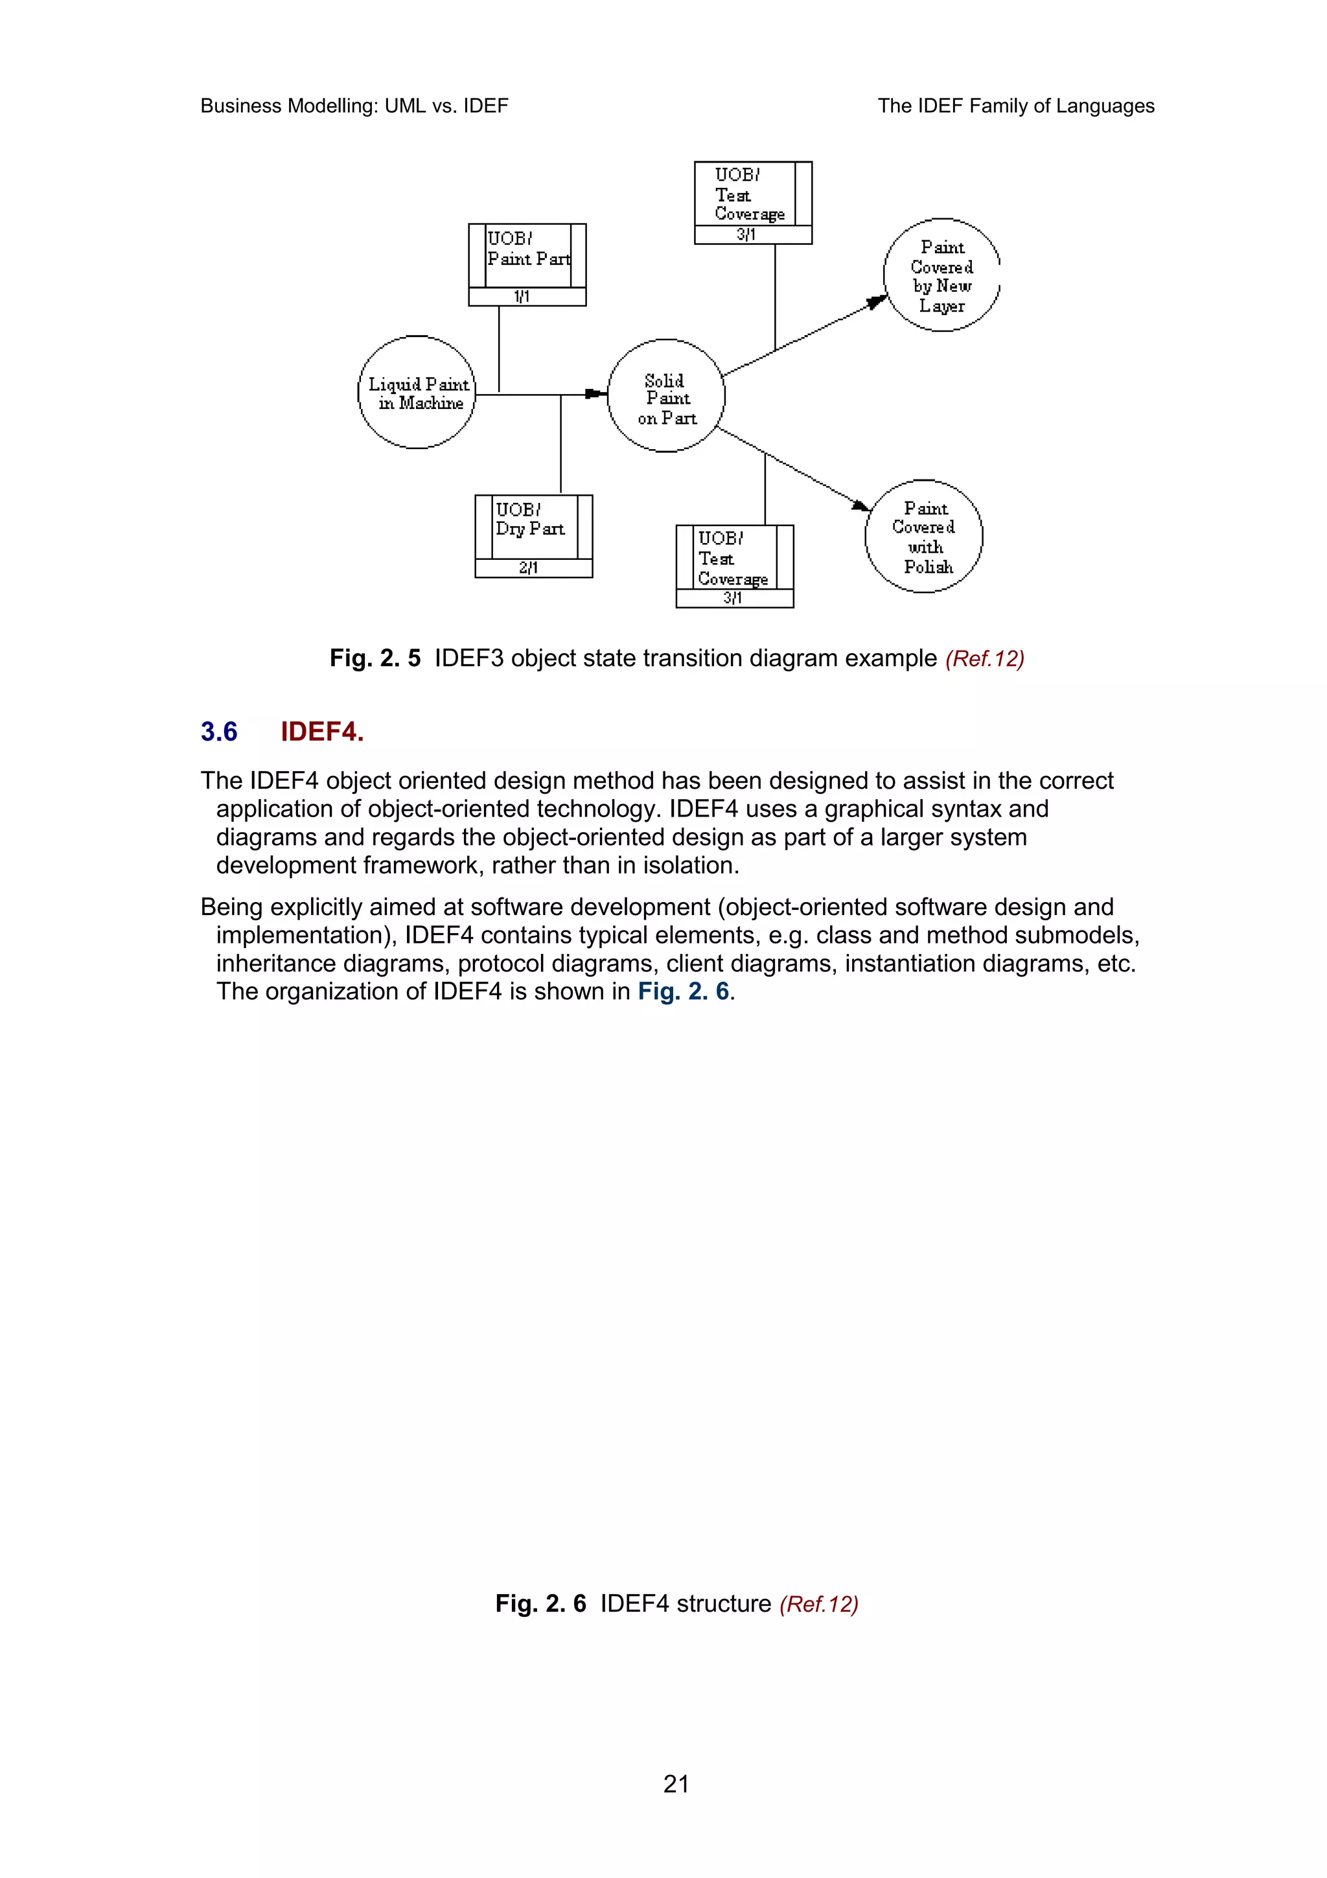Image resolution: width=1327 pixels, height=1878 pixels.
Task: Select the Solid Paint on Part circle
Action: pyautogui.click(x=665, y=396)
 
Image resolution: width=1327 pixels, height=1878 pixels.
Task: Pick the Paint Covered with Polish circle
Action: pyautogui.click(x=924, y=537)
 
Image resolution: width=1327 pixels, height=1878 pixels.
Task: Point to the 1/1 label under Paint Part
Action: pyautogui.click(x=522, y=297)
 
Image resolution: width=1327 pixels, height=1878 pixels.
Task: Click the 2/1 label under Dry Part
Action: pyautogui.click(x=528, y=568)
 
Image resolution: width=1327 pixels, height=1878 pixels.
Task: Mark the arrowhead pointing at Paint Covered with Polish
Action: pyautogui.click(x=861, y=505)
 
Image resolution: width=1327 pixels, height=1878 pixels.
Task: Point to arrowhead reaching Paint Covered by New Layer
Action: pyautogui.click(x=877, y=302)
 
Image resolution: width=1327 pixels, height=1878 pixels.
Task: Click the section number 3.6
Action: pyautogui.click(x=219, y=731)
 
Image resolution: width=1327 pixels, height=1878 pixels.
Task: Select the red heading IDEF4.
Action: pyautogui.click(x=322, y=731)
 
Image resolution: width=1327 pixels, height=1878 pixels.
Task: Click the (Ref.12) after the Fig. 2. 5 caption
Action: pyautogui.click(x=984, y=659)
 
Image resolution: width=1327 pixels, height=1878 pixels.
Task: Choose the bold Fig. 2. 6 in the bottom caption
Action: pyautogui.click(x=540, y=1603)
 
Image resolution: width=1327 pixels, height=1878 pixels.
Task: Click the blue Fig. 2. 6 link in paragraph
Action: pyautogui.click(x=684, y=991)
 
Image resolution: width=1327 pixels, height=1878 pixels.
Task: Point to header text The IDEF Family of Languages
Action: pyautogui.click(x=1015, y=106)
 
